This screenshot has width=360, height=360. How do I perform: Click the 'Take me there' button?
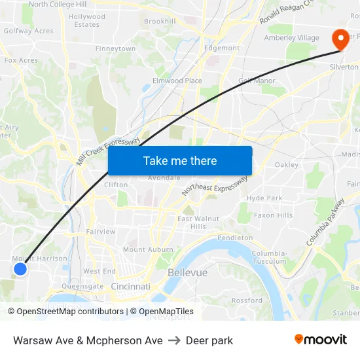pos(180,160)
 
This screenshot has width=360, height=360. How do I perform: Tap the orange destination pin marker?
pos(340,39)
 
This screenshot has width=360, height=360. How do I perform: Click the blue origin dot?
pos(20,268)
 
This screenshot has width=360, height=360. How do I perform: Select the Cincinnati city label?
pos(130,286)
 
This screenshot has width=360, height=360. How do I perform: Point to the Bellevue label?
pos(187,272)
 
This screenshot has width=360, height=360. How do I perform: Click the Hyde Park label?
pos(264,198)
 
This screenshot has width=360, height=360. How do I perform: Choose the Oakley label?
pos(287,165)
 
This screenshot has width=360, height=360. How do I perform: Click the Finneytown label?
pos(115,49)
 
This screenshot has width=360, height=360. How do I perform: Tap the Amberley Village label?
pos(291,38)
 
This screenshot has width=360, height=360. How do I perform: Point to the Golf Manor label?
pos(257,81)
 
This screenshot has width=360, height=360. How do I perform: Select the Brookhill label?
pos(160,22)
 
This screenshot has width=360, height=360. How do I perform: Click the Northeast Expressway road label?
pos(215,185)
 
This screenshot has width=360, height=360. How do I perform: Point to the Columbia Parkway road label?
pos(325,223)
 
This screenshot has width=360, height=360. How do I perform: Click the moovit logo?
pos(321,339)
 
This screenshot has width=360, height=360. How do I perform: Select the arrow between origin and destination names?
pos(174,340)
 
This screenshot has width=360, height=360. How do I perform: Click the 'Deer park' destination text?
pos(209,340)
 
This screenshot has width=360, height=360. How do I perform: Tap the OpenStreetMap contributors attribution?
pos(70,312)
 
